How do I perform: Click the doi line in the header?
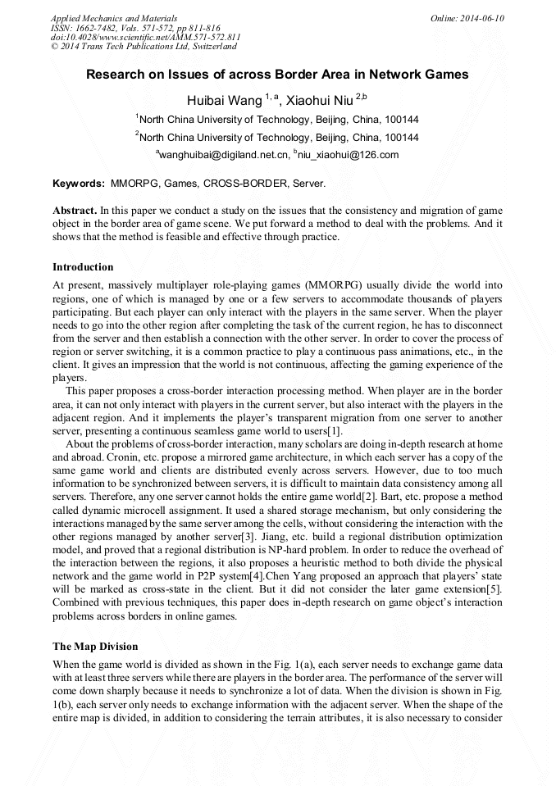(x=145, y=37)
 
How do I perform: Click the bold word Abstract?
(x=75, y=211)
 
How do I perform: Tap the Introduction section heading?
(x=83, y=266)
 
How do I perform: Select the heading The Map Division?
(x=95, y=647)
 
